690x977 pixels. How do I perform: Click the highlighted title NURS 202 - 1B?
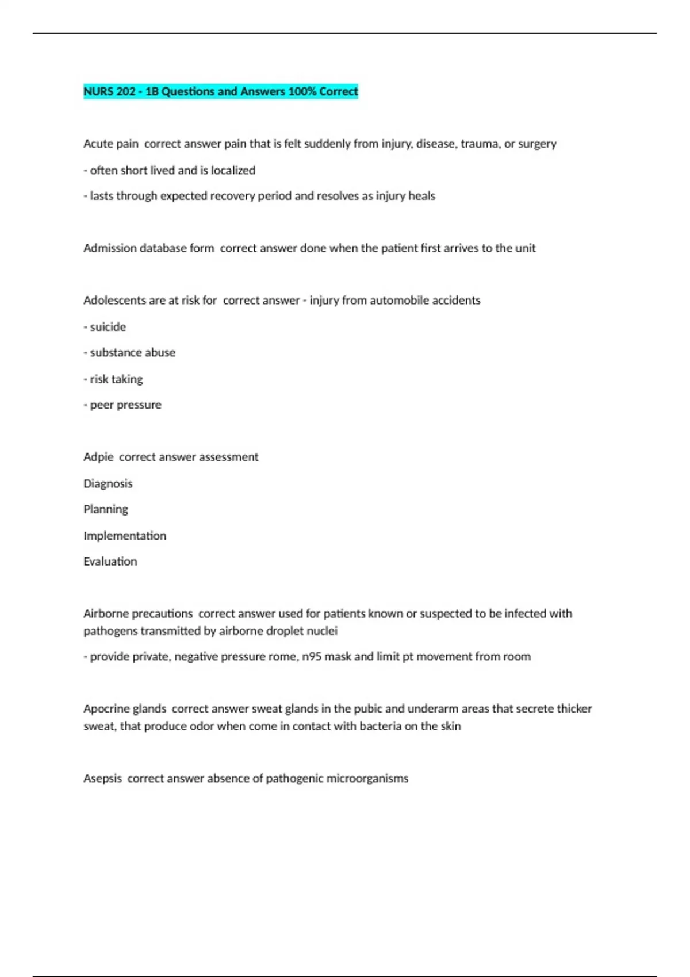coord(220,91)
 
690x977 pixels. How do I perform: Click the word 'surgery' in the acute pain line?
coord(537,144)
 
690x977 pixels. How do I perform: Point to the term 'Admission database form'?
coord(148,248)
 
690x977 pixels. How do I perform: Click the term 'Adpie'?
coord(98,457)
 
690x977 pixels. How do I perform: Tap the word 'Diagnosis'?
coord(108,483)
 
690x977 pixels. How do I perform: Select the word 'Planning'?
coord(106,509)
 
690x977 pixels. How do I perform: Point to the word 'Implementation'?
coord(125,536)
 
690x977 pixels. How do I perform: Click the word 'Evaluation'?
coord(110,561)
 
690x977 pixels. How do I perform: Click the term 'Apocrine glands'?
coord(125,709)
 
